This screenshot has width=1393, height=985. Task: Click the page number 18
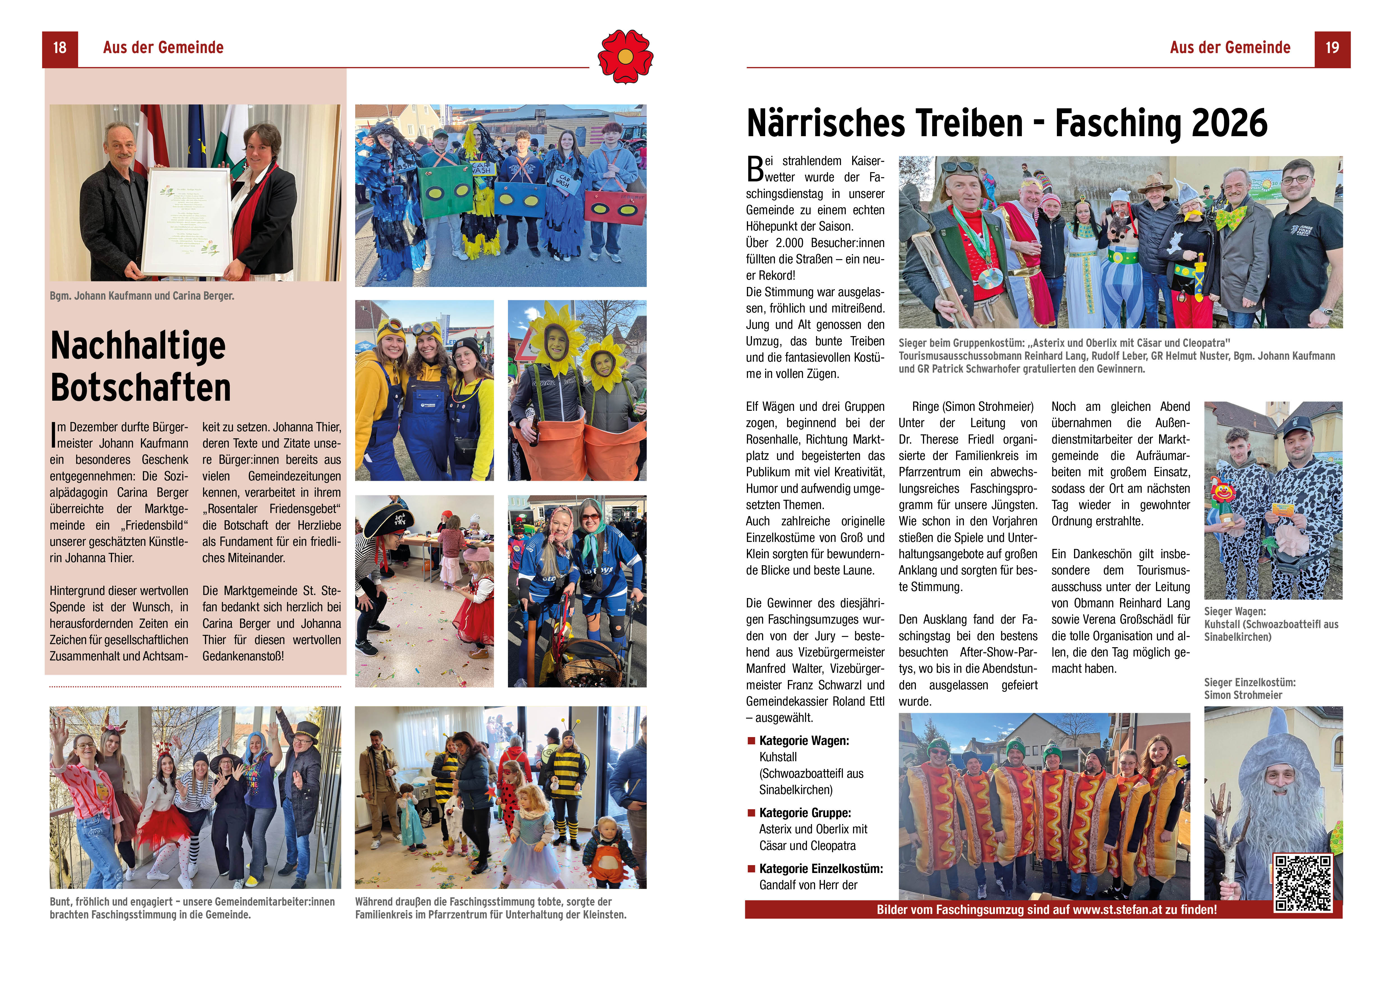tap(60, 48)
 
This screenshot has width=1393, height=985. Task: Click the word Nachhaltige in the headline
tap(138, 346)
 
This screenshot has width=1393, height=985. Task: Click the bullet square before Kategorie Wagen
tap(751, 740)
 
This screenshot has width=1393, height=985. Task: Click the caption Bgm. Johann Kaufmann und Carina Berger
tap(142, 296)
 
